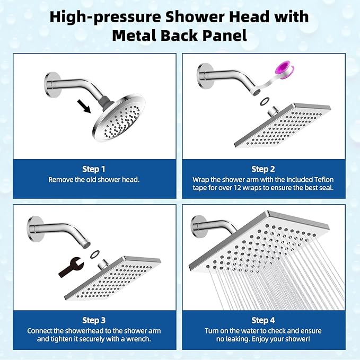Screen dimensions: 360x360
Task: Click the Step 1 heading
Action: pos(94,169)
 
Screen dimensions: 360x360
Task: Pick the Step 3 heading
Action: pos(94,320)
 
